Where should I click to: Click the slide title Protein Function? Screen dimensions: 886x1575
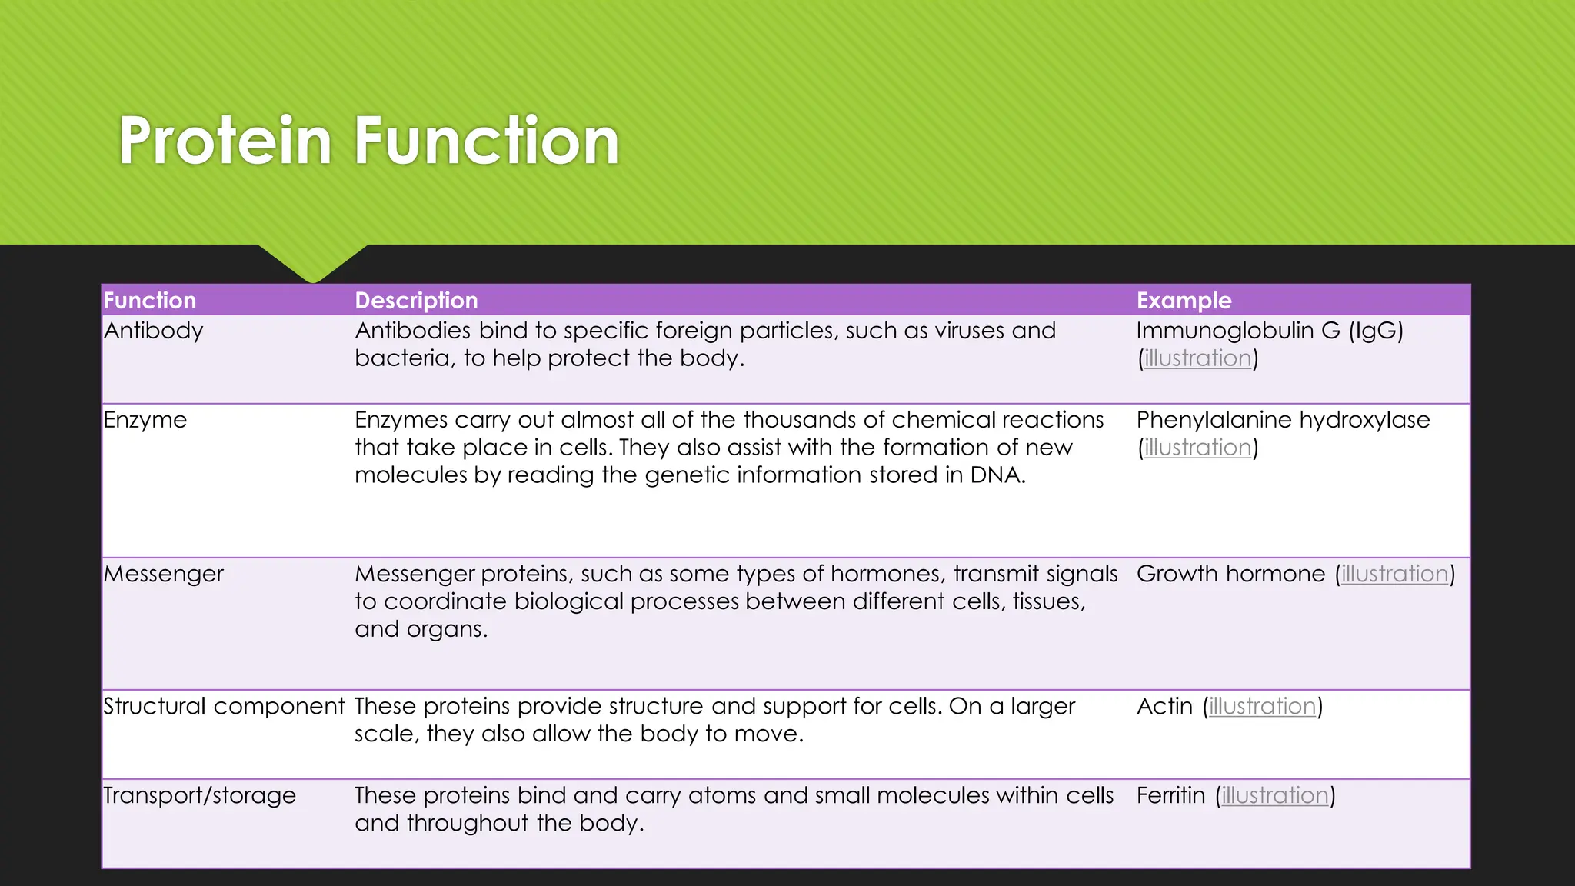368,141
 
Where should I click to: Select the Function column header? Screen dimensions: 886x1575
150,300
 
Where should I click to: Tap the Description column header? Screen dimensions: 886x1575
416,300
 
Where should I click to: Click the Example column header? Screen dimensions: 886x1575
1184,300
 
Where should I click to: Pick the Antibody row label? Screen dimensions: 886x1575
154,331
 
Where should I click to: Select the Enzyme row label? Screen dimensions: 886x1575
145,420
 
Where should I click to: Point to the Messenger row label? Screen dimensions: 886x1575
163,574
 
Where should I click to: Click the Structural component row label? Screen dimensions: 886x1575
224,706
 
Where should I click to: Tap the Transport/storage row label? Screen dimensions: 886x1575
199,795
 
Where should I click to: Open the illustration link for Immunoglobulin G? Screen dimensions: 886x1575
1197,358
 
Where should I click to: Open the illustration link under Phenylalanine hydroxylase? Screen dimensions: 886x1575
1197,448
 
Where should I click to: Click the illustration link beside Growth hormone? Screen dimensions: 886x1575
1394,574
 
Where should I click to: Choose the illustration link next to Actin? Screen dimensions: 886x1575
1262,706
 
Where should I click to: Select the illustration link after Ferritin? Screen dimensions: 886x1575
1275,795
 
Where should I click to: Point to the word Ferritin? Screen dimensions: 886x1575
1170,795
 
